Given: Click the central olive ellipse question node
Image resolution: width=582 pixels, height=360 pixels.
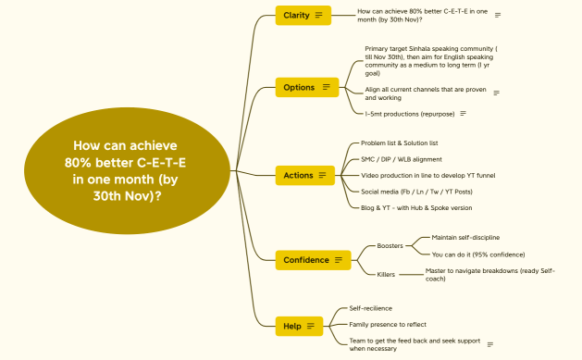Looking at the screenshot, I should pyautogui.click(x=125, y=170).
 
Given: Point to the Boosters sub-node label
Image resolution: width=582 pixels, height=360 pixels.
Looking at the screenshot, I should pyautogui.click(x=390, y=246).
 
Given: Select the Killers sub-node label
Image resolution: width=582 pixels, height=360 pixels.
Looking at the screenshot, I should pyautogui.click(x=386, y=274).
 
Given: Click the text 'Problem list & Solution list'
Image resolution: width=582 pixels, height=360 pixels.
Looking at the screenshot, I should pyautogui.click(x=400, y=143).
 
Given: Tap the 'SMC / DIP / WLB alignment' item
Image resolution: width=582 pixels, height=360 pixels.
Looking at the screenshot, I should pyautogui.click(x=402, y=159).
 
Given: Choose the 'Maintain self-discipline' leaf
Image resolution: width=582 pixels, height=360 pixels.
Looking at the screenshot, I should pyautogui.click(x=465, y=238).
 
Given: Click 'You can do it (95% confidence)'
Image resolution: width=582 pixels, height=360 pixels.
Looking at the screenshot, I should pyautogui.click(x=477, y=254).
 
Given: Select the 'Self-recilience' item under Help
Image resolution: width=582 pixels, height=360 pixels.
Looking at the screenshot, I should pyautogui.click(x=370, y=308).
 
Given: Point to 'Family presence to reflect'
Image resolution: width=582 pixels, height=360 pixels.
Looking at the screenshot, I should pyautogui.click(x=387, y=325).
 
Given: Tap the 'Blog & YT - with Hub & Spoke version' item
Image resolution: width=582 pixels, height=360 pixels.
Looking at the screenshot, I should pyautogui.click(x=416, y=207).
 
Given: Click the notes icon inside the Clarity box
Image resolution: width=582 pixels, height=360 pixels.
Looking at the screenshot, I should pyautogui.click(x=318, y=15).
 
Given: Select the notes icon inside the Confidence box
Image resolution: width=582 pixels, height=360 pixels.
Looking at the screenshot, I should pyautogui.click(x=339, y=260).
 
